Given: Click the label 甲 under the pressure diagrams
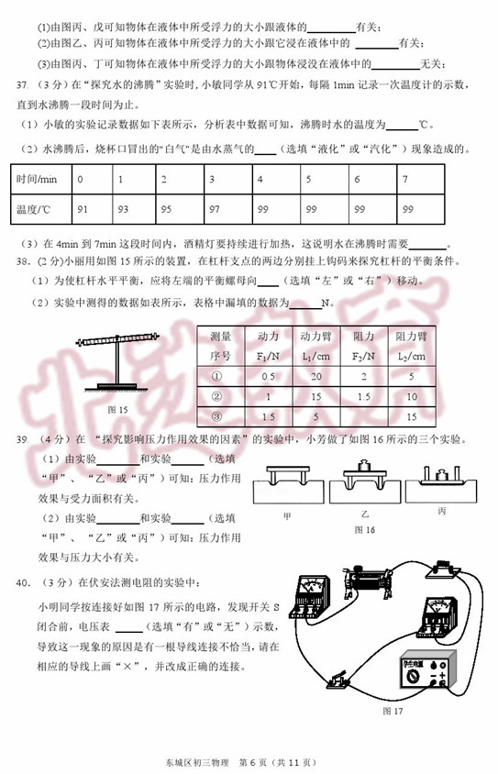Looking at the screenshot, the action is [x=287, y=516].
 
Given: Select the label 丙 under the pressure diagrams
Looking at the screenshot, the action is [x=441, y=512].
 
